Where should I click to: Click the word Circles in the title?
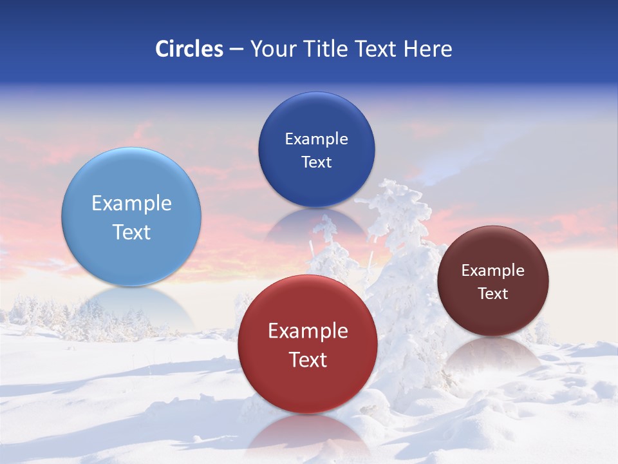(189, 49)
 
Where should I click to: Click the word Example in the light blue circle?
(131, 204)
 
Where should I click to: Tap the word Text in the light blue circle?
(131, 232)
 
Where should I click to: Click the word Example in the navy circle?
(316, 139)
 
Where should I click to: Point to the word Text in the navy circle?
(316, 162)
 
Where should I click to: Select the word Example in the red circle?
(308, 331)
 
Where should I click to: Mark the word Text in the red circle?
(308, 360)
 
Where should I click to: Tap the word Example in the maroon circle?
(492, 271)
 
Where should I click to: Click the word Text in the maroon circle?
(492, 294)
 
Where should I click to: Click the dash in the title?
(236, 50)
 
